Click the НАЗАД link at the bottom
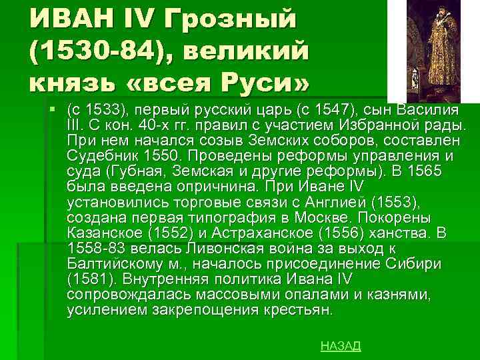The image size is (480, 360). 341,345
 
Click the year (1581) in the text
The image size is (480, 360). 87,280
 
